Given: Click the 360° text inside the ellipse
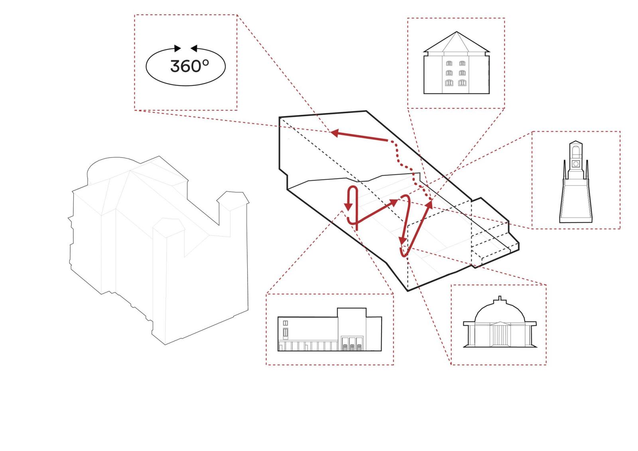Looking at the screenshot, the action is pyautogui.click(x=189, y=66).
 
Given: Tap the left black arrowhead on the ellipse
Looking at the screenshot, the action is pyautogui.click(x=177, y=48).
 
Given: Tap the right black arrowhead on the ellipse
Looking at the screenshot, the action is pyautogui.click(x=194, y=48).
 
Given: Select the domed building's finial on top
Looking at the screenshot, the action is pyautogui.click(x=500, y=299).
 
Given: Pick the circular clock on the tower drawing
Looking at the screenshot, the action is pyautogui.click(x=576, y=163).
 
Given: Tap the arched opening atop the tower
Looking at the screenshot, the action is pyautogui.click(x=576, y=150).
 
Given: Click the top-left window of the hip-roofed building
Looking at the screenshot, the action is pyautogui.click(x=449, y=63).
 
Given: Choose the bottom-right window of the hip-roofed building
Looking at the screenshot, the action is pyautogui.click(x=462, y=83).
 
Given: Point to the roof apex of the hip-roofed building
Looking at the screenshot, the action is pyautogui.click(x=457, y=32).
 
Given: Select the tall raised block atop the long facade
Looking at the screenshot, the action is pyautogui.click(x=352, y=313).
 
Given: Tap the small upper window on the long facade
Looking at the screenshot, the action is pyautogui.click(x=286, y=323).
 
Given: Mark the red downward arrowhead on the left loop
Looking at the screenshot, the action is pyautogui.click(x=348, y=207).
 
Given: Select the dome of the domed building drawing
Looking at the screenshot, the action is pyautogui.click(x=500, y=311).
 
